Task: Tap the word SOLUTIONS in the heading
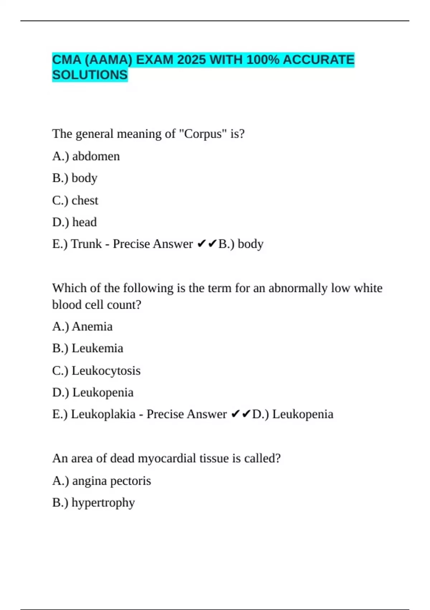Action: (90, 75)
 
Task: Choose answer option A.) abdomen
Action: (86, 156)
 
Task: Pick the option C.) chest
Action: (75, 200)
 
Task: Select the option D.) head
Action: (75, 222)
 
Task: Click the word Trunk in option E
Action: (86, 244)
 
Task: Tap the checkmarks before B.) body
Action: (207, 244)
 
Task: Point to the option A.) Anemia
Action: (82, 327)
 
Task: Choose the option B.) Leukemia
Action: (88, 348)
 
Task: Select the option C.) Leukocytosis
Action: (96, 371)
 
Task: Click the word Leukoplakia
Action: (103, 414)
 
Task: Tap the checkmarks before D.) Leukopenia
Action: (241, 414)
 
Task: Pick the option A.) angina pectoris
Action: (102, 481)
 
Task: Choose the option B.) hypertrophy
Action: (94, 503)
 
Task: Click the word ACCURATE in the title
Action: (319, 60)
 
